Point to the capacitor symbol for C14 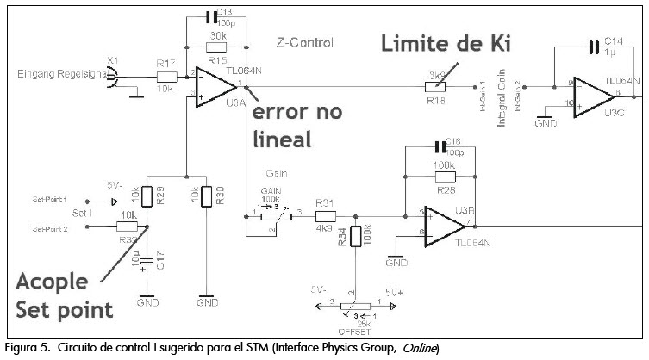(593, 47)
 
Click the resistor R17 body (166, 76)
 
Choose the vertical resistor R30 (207, 196)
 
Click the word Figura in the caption (23, 347)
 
